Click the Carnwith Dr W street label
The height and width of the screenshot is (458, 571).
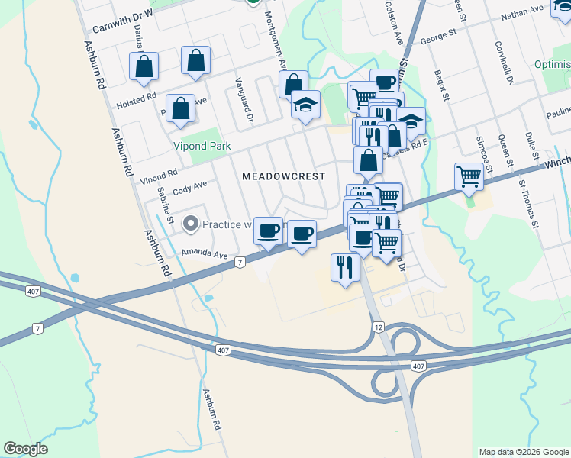coord(123,22)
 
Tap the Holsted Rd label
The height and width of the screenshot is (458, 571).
coord(136,101)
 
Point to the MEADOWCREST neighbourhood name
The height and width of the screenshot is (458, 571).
coord(283,176)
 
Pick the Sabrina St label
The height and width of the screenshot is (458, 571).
coord(165,208)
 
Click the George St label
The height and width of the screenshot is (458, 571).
coord(438,35)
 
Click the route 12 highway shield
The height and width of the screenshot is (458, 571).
coord(378,327)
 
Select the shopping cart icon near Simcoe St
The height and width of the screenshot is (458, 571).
coord(469,176)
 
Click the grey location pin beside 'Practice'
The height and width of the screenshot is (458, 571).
coord(189,224)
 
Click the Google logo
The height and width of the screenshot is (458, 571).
coord(25,449)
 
